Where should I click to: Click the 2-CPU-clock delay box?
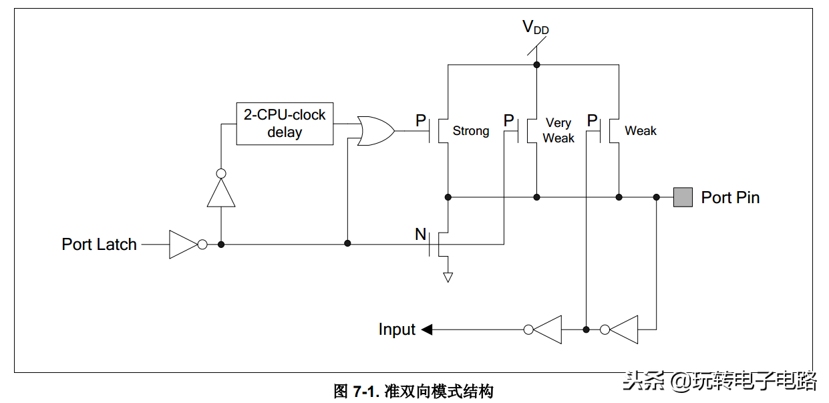pos(285,123)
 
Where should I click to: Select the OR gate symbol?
pos(375,131)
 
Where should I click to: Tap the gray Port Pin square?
pos(682,197)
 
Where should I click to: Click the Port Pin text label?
pos(730,198)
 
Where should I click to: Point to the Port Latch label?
pos(99,245)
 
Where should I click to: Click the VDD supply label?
pos(535,27)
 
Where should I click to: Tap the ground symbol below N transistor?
pos(448,277)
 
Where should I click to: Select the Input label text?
pos(397,329)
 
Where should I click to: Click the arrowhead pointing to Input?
pos(427,329)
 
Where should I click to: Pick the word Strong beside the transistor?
pos(471,131)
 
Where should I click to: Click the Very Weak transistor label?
pos(558,130)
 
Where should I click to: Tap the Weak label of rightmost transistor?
pos(641,131)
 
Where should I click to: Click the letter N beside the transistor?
pos(420,235)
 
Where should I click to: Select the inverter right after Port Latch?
pos(184,245)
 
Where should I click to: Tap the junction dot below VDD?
pos(536,65)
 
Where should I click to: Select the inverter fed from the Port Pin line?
pos(623,329)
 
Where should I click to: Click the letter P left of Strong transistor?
pos(421,121)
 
